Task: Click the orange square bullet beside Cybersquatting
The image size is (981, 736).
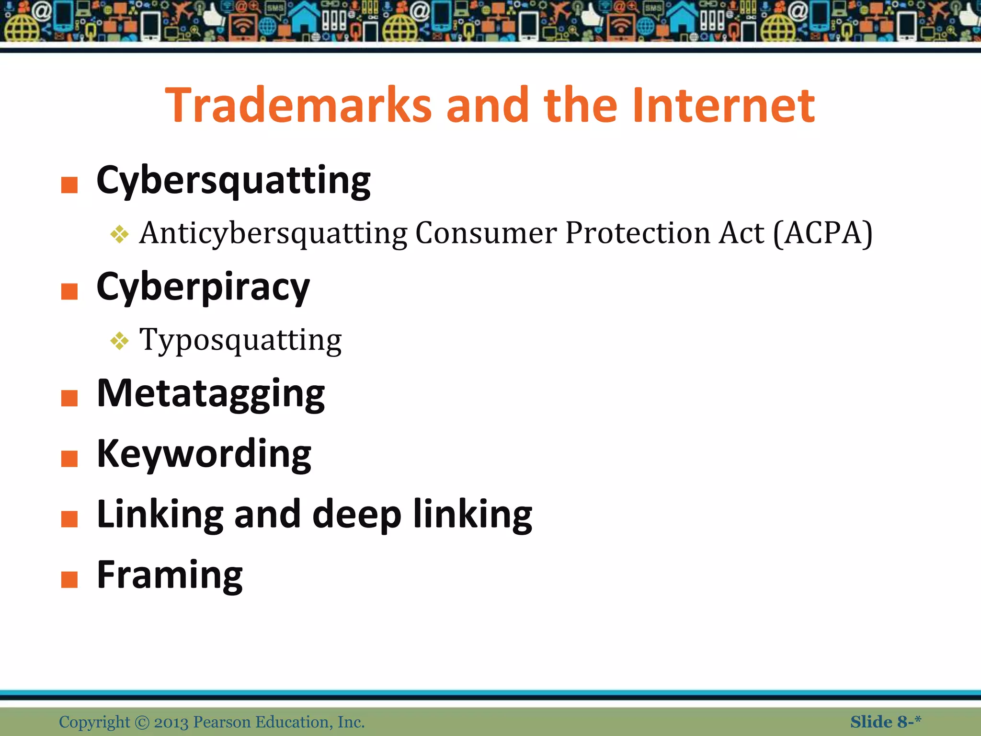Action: tap(69, 185)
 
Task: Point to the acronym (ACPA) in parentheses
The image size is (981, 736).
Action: tap(822, 233)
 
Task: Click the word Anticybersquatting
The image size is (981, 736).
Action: tap(273, 233)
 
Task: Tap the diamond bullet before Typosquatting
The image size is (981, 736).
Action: tap(119, 341)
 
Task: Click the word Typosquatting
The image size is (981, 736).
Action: tap(240, 340)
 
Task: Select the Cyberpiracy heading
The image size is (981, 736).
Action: tap(203, 287)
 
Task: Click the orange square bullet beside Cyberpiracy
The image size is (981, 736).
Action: tap(69, 291)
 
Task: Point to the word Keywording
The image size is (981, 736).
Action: tap(204, 454)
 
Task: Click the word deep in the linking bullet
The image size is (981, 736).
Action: tap(357, 515)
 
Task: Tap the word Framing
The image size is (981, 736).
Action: tap(170, 575)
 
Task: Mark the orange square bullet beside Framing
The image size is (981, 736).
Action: tap(69, 579)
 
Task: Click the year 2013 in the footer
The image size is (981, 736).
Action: tap(171, 722)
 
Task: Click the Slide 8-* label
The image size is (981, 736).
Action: tap(885, 722)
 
